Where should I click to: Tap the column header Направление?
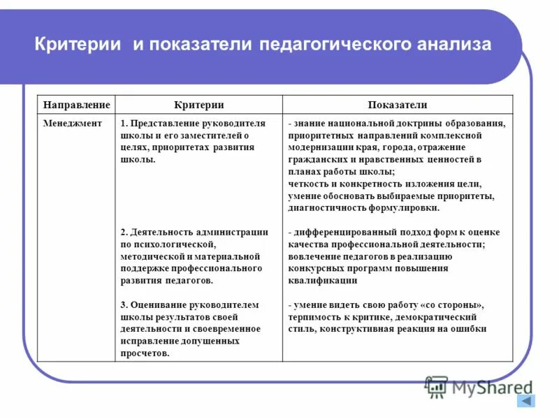(76, 105)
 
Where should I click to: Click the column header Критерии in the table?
(198, 105)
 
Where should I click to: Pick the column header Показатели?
(398, 105)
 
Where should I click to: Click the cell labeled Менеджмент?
(71, 123)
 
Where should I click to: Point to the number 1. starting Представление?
(124, 123)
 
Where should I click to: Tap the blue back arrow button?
(525, 401)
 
